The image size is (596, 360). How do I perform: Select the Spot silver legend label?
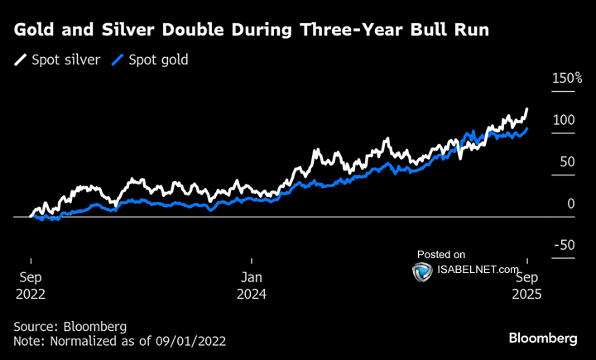click(66, 60)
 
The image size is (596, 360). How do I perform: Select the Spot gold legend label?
click(156, 60)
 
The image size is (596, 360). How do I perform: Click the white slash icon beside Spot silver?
click(21, 60)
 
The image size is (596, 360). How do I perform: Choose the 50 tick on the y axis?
click(567, 162)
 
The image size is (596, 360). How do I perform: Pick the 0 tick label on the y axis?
click(570, 204)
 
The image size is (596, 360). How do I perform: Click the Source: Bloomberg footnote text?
click(70, 326)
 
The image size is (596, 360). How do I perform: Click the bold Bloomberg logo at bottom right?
click(542, 338)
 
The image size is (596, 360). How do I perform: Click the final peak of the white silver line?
click(527, 109)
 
